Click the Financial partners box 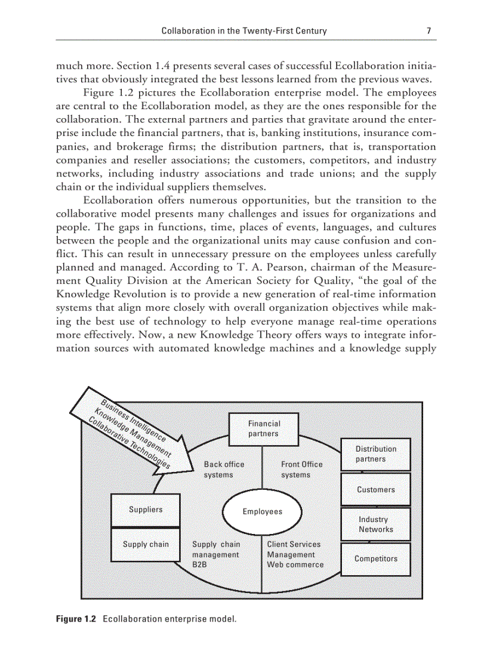pyautogui.click(x=263, y=428)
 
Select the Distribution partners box pyautogui.click(x=375, y=454)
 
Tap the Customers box pyautogui.click(x=375, y=489)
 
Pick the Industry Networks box pyautogui.click(x=375, y=524)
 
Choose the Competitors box pyautogui.click(x=375, y=559)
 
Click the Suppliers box pyautogui.click(x=146, y=510)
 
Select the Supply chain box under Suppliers pyautogui.click(x=146, y=544)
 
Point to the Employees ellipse pyautogui.click(x=262, y=511)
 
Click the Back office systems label pyautogui.click(x=224, y=470)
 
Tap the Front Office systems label pyautogui.click(x=301, y=470)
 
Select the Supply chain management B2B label pyautogui.click(x=215, y=554)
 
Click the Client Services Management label pyautogui.click(x=294, y=549)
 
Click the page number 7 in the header pyautogui.click(x=429, y=31)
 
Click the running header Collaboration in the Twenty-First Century pyautogui.click(x=244, y=31)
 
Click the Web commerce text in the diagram pyautogui.click(x=295, y=564)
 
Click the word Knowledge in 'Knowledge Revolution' pyautogui.click(x=81, y=294)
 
